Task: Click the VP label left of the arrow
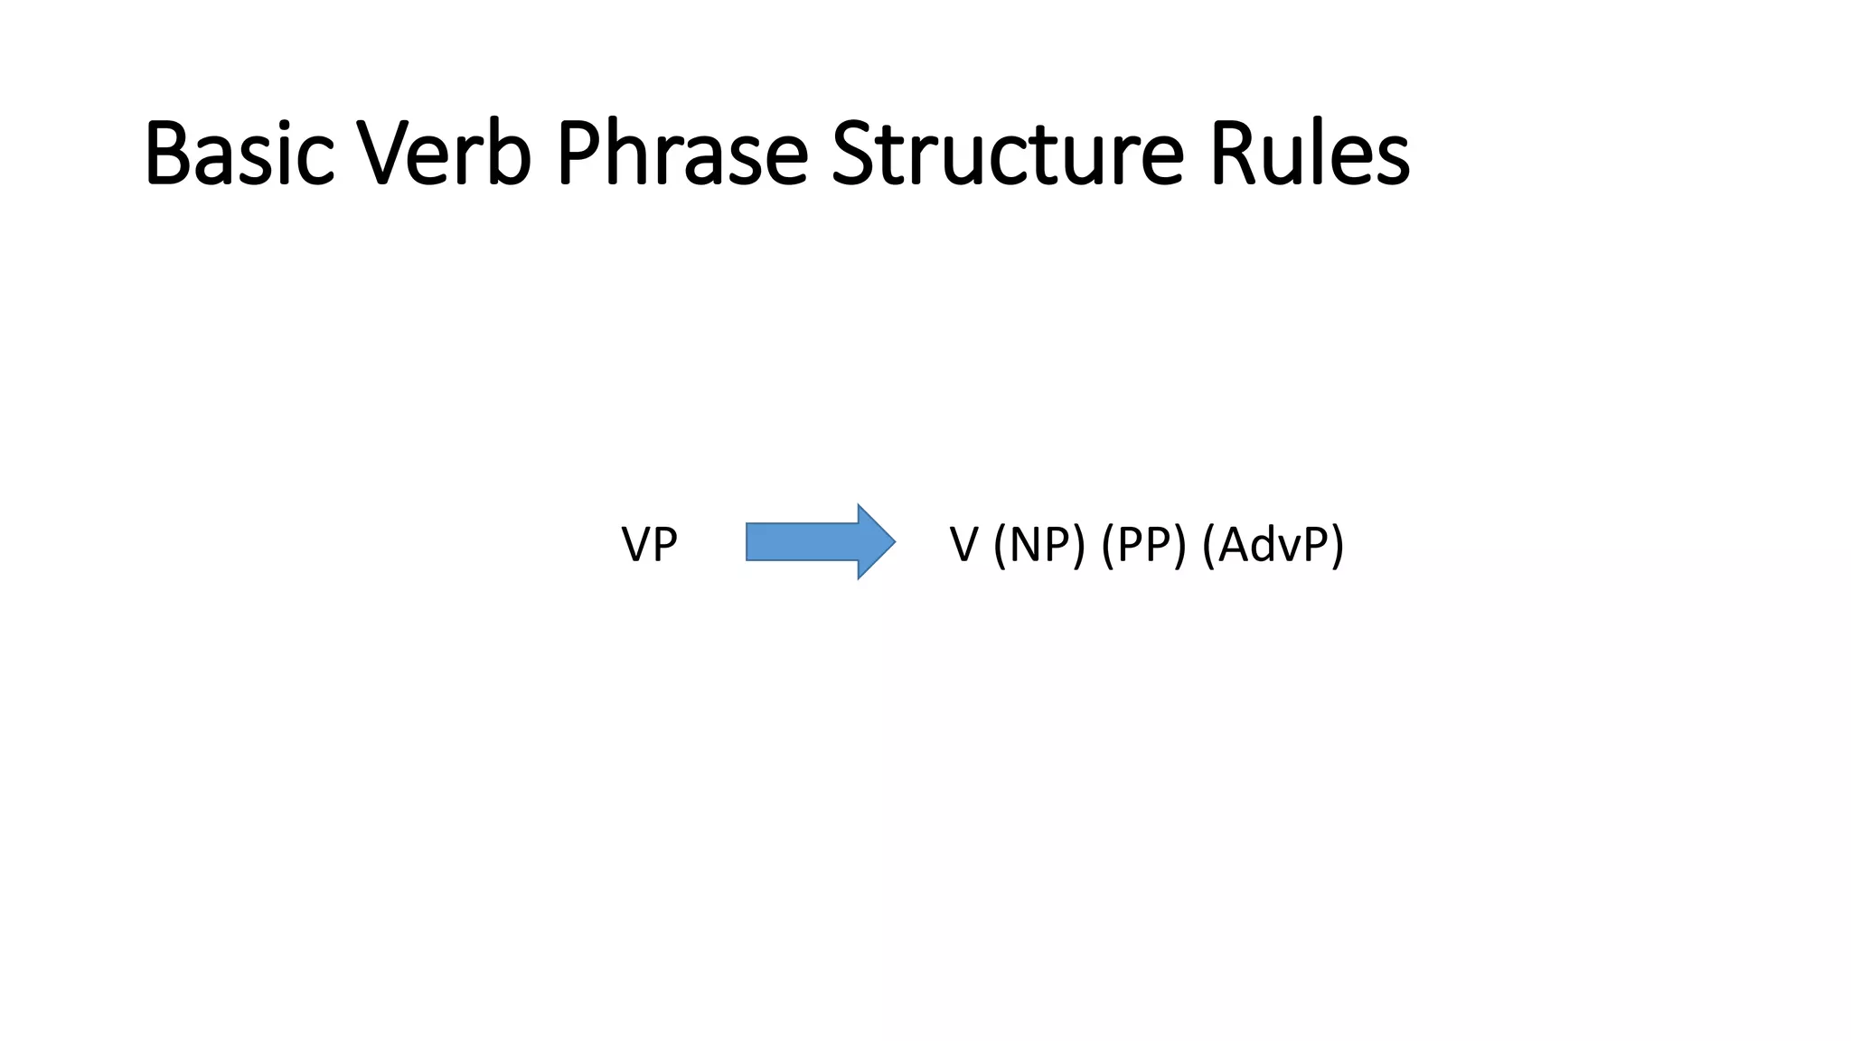649,545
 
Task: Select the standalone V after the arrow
963,545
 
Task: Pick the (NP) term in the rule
1038,545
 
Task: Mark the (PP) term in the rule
1143,545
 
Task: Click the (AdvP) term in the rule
1273,545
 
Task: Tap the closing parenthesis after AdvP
1338,545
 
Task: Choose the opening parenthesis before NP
999,545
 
